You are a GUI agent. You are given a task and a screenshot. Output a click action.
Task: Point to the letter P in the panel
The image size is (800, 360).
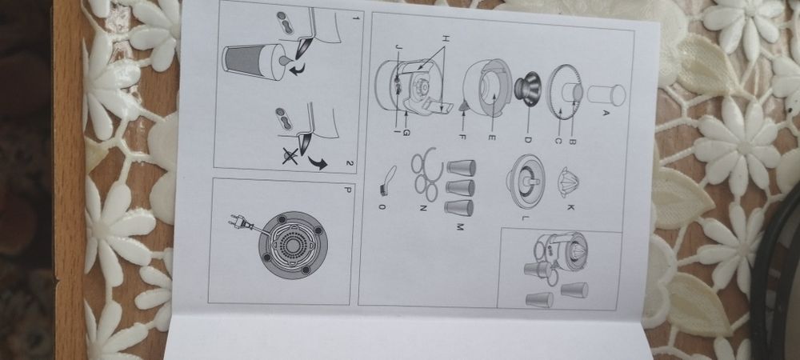[347, 190]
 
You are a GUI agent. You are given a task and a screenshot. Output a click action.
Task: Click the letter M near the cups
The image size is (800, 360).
[458, 226]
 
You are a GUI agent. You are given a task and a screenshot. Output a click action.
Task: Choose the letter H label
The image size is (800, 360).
[445, 38]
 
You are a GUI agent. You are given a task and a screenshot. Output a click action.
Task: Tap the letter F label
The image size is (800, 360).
[462, 137]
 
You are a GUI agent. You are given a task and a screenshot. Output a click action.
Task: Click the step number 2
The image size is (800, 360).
[349, 163]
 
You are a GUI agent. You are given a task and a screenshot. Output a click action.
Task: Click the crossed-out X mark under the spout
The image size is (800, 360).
[291, 155]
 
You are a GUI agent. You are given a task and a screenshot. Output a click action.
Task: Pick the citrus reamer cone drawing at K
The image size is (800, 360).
[570, 182]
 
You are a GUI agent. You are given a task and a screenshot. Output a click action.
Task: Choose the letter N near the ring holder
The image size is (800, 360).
[422, 207]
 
